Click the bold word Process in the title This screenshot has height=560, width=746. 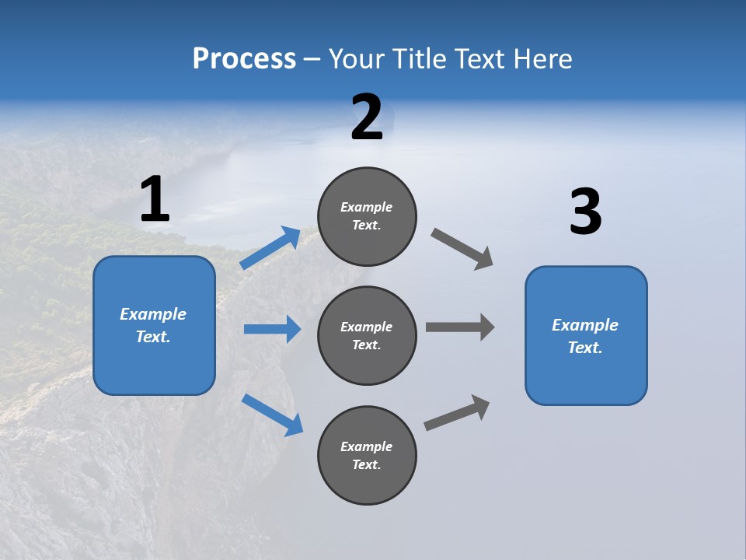coord(244,59)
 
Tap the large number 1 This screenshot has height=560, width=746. coord(155,200)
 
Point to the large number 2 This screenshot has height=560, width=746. coord(367,118)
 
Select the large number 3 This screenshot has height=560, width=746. coord(585,213)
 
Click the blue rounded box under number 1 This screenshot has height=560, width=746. coord(154,325)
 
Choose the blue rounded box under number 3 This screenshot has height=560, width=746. coord(586,336)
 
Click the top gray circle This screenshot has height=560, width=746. coord(367,216)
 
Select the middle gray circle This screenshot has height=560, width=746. coord(367,336)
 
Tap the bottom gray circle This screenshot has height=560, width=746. coord(367,456)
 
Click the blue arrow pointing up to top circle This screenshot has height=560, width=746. coord(270,248)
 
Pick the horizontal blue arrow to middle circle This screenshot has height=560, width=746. coord(272,329)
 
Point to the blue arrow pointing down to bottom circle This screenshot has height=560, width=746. coord(272,414)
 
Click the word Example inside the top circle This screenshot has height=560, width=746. coord(367,207)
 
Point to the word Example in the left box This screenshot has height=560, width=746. coord(153,314)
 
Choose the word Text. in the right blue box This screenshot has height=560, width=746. coord(585,348)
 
